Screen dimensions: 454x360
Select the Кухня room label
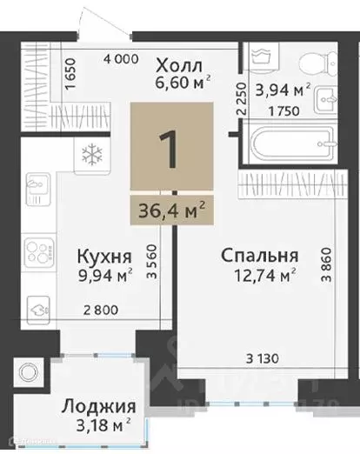pos(105,257)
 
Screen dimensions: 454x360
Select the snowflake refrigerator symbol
pos(90,156)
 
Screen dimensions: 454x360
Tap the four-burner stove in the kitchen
pos(39,251)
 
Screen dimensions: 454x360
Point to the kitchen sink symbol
pos(39,186)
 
